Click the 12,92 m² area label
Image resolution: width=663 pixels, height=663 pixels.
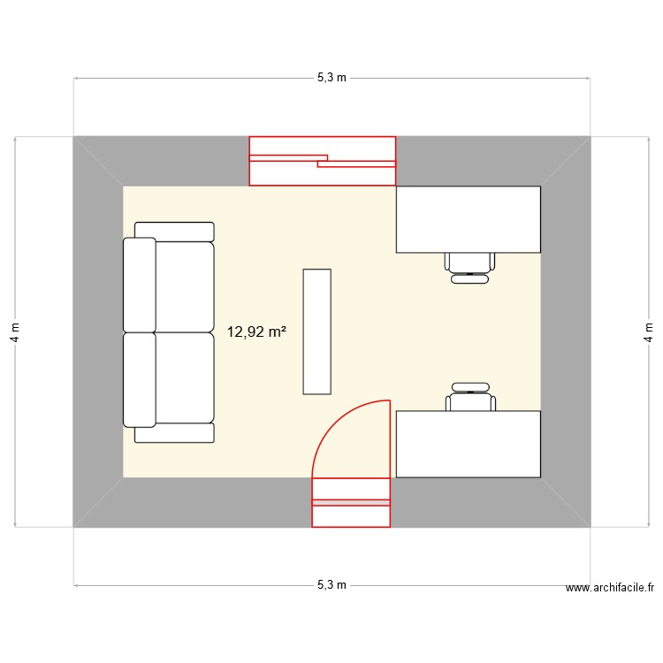[x=256, y=332]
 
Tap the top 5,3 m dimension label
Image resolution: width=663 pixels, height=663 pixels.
[x=331, y=78]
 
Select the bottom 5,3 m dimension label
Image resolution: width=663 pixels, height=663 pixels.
[x=331, y=585]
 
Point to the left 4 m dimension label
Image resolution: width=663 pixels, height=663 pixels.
[x=15, y=331]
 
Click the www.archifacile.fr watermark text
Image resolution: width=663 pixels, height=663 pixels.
[x=609, y=588]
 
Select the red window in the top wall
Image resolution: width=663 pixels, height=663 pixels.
[x=322, y=161]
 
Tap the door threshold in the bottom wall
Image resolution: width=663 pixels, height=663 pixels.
[x=351, y=502]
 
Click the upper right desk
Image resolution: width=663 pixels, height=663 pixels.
[x=468, y=219]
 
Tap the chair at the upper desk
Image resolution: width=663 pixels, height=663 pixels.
[x=469, y=264]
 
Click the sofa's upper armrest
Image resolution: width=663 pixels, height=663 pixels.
[x=174, y=232]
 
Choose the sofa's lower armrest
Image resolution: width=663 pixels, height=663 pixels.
[x=174, y=432]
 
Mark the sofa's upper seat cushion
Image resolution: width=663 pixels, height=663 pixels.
[x=185, y=286]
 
